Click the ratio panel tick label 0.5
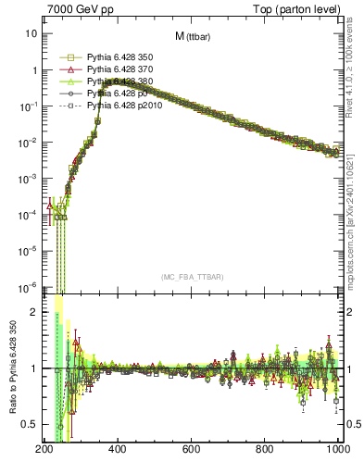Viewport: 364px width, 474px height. [x=28, y=424]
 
